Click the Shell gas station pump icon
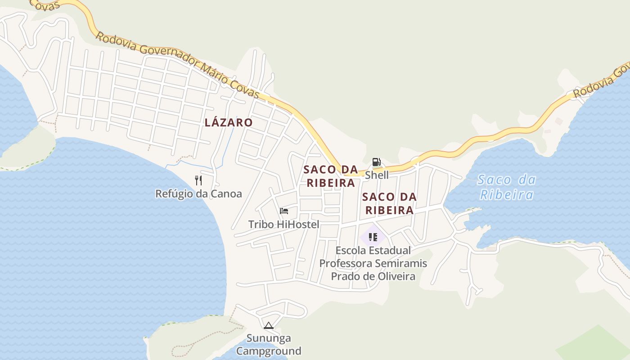coord(376,162)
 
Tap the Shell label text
coord(377,175)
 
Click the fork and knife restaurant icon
coord(198,180)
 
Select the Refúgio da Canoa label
coord(198,194)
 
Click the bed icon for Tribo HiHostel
coord(284,211)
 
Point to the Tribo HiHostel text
coord(283,224)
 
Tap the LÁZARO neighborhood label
coord(229,122)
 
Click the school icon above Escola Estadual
coord(373,237)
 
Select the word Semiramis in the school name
coord(401,263)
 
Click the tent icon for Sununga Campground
coord(269,325)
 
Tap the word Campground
coord(269,351)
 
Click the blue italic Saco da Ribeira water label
coord(507,187)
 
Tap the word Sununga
coord(269,338)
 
